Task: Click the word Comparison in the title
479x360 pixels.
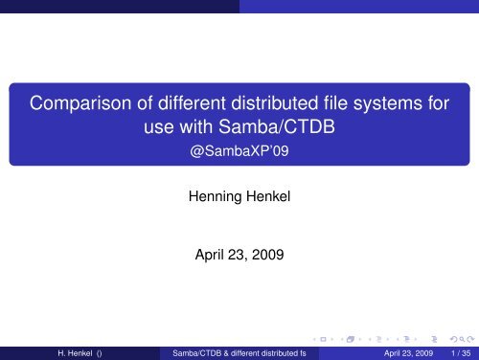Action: tap(80, 99)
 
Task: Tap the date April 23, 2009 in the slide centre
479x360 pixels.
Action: tap(239, 256)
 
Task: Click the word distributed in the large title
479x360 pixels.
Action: tap(275, 99)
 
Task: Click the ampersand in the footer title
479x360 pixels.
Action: tap(226, 350)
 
